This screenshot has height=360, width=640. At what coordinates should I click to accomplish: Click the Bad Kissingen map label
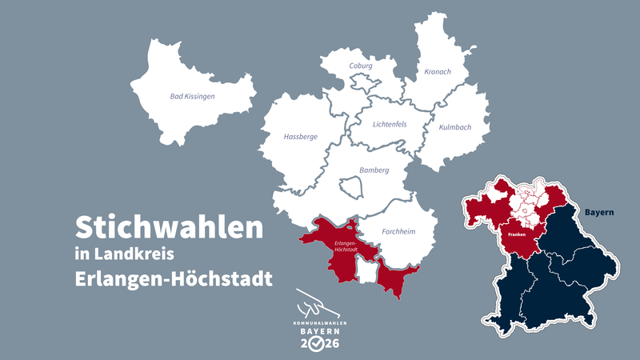(x=193, y=96)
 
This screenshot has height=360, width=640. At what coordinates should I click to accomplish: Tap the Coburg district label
(x=361, y=66)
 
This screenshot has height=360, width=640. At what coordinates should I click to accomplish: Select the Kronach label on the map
(x=438, y=72)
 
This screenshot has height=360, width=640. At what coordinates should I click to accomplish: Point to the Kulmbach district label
(x=455, y=127)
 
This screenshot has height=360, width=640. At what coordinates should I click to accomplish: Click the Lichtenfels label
(x=390, y=124)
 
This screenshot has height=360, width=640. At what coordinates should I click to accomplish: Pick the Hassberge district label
(x=301, y=137)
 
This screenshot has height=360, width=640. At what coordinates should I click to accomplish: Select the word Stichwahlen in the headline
(x=169, y=226)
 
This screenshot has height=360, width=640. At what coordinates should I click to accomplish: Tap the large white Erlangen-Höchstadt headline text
(x=174, y=280)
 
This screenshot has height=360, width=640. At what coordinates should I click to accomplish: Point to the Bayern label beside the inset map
(x=598, y=213)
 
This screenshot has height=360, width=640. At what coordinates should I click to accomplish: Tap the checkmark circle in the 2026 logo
(x=318, y=343)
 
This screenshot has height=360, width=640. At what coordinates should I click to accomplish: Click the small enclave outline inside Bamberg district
(x=352, y=188)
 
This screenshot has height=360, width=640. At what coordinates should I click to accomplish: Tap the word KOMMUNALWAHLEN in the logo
(x=319, y=321)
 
